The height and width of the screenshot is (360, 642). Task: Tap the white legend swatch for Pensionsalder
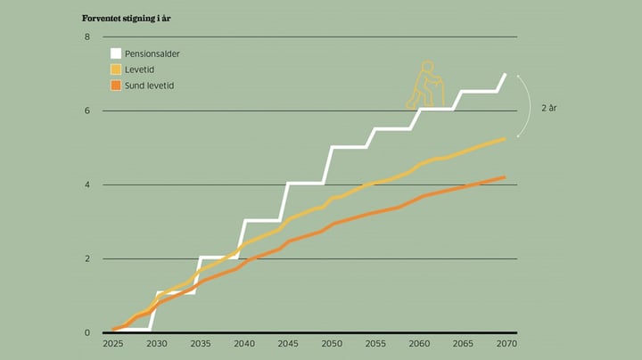click(x=115, y=53)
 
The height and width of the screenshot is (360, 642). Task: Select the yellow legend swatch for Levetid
click(x=115, y=70)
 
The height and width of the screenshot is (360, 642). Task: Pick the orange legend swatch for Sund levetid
click(x=115, y=86)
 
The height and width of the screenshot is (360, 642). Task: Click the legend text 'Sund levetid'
click(x=150, y=86)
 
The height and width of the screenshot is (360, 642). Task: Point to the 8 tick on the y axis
click(x=87, y=37)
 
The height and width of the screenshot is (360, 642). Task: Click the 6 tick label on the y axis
click(x=87, y=110)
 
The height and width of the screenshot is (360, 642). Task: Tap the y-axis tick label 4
click(x=87, y=184)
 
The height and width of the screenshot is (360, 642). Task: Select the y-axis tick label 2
click(x=87, y=258)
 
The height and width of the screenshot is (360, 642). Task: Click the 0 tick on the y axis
click(x=87, y=332)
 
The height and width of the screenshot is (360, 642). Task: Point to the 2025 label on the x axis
click(x=113, y=343)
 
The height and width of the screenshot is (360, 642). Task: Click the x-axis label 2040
click(x=243, y=343)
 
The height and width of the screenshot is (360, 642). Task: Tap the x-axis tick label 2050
click(x=331, y=343)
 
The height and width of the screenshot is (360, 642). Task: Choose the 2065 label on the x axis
click(x=462, y=343)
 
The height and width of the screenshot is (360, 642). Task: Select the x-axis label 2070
click(x=506, y=343)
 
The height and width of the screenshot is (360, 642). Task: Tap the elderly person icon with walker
click(x=425, y=85)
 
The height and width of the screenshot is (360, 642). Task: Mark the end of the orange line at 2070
click(x=505, y=177)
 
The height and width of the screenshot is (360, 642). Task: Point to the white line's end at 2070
click(x=506, y=75)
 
